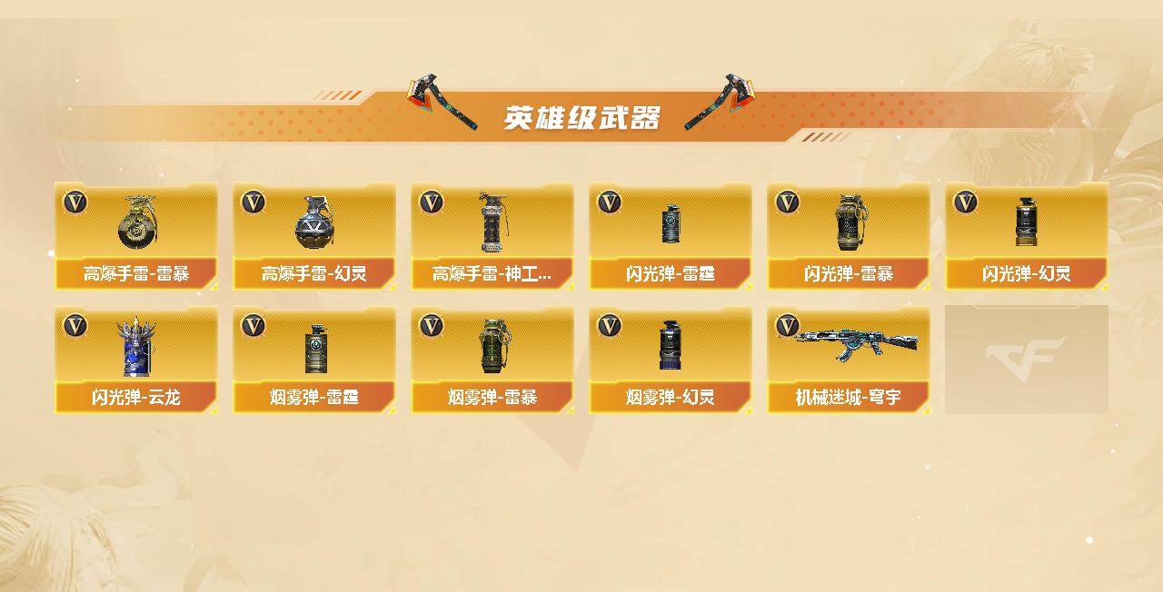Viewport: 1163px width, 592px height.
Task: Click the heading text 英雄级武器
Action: (x=581, y=118)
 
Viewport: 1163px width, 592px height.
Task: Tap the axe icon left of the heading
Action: (x=442, y=101)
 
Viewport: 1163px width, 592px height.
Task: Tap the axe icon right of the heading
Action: (x=721, y=101)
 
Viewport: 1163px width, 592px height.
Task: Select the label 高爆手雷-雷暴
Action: (x=136, y=273)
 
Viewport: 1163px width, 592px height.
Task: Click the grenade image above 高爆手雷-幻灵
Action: (x=314, y=222)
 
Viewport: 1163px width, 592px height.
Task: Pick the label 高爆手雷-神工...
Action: (x=492, y=273)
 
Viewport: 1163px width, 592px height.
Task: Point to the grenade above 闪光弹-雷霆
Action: (x=671, y=223)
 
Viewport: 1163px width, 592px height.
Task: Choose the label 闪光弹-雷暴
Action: (x=849, y=273)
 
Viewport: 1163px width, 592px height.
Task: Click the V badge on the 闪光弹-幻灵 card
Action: (x=965, y=202)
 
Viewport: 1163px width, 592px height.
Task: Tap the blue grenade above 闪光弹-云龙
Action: (x=136, y=346)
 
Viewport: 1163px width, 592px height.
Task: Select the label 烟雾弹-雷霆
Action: (x=314, y=398)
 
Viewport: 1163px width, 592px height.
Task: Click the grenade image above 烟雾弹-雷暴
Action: (x=492, y=346)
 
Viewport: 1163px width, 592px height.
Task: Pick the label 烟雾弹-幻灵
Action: (x=671, y=398)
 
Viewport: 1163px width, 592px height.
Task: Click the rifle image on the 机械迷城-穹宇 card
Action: (x=849, y=342)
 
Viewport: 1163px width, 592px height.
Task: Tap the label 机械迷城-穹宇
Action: (x=849, y=398)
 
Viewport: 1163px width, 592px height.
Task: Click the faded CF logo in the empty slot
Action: (x=1026, y=359)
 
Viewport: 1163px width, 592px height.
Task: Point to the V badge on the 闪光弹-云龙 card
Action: (x=75, y=326)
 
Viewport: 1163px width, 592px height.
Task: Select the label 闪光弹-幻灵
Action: (x=1027, y=273)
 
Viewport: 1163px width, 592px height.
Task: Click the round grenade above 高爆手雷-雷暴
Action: (x=136, y=222)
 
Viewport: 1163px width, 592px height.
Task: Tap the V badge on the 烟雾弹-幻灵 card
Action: (x=609, y=326)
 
